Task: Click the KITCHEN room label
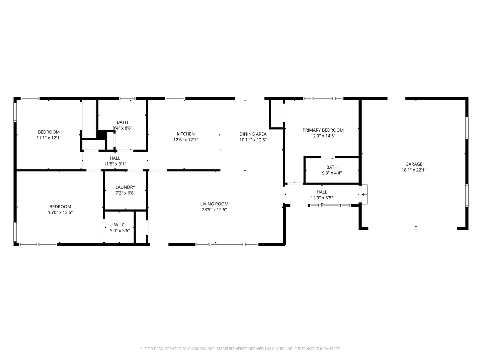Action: [x=185, y=134]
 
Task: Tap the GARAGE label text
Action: [x=414, y=164]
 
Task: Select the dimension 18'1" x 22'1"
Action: [x=414, y=170]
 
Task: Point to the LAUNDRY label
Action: [x=125, y=187]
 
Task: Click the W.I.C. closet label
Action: [x=120, y=225]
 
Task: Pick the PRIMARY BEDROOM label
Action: [x=323, y=130]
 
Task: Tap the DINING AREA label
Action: [x=253, y=134]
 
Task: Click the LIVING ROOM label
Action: [x=214, y=204]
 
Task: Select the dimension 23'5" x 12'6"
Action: [x=214, y=210]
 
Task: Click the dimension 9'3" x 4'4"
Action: [x=332, y=173]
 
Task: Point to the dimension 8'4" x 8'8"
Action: [x=122, y=128]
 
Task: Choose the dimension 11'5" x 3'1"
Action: [x=115, y=164]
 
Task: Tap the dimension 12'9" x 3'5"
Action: [x=322, y=198]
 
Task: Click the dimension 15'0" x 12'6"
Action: [x=60, y=212]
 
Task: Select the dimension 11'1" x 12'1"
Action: [x=49, y=138]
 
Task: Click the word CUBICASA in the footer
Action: [x=197, y=349]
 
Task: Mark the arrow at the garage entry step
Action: [x=364, y=195]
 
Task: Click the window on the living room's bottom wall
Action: [x=227, y=244]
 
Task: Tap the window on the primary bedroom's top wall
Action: [x=323, y=99]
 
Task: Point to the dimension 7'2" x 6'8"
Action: [x=125, y=193]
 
